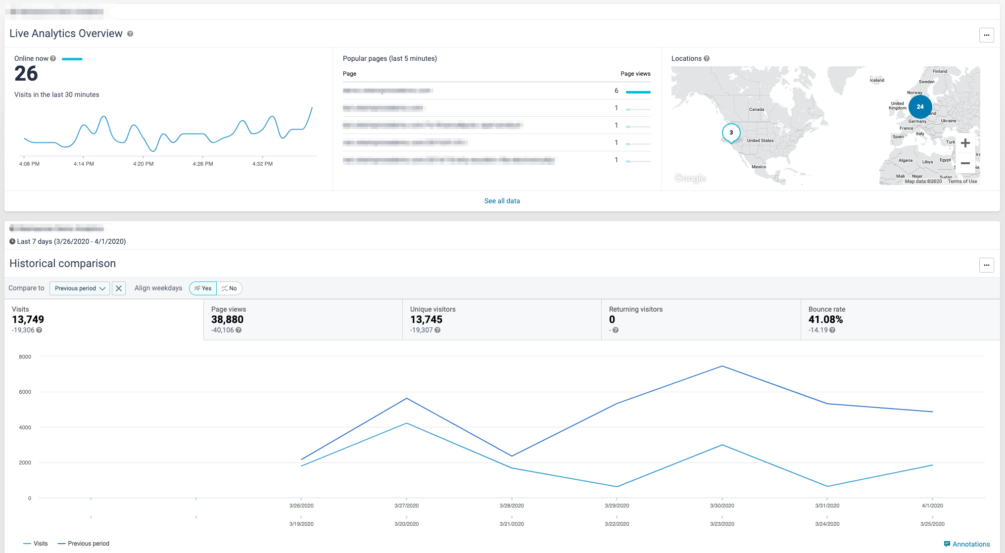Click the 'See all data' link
pyautogui.click(x=502, y=201)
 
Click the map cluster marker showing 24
pyautogui.click(x=920, y=106)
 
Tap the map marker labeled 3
pyautogui.click(x=731, y=133)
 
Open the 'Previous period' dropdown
pyautogui.click(x=80, y=288)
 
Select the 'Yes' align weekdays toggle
pyautogui.click(x=203, y=288)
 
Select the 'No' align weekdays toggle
pyautogui.click(x=229, y=288)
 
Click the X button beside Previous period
pyautogui.click(x=119, y=288)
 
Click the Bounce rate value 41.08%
pyautogui.click(x=825, y=320)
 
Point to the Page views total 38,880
pyautogui.click(x=227, y=320)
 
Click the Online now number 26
pyautogui.click(x=26, y=74)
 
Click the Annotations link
pyautogui.click(x=967, y=544)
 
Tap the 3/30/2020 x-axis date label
pyautogui.click(x=722, y=506)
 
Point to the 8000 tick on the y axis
pyautogui.click(x=25, y=357)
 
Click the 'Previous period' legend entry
pyautogui.click(x=84, y=544)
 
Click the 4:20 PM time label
pyautogui.click(x=143, y=164)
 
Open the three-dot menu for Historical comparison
pyautogui.click(x=986, y=265)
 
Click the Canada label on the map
pyautogui.click(x=756, y=109)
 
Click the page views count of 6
pyautogui.click(x=616, y=91)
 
